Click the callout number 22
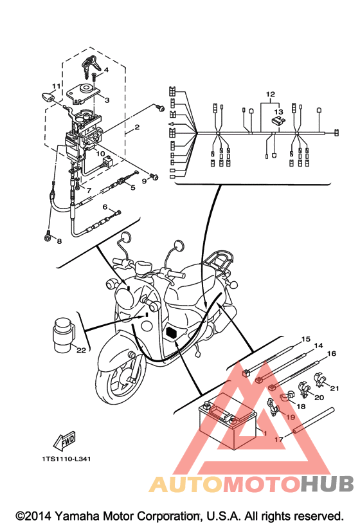[x=81, y=350]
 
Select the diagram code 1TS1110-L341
[x=66, y=459]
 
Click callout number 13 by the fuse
[x=278, y=111]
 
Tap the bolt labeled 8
[x=48, y=235]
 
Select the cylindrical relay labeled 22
[x=64, y=335]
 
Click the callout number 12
[x=271, y=94]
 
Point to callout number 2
[x=137, y=127]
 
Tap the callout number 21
[x=334, y=388]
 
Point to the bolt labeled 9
[x=154, y=176]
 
